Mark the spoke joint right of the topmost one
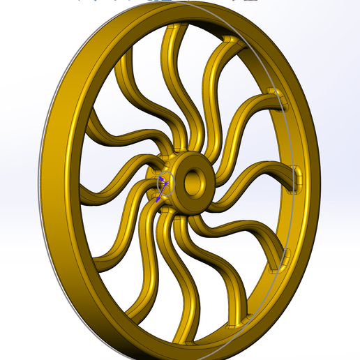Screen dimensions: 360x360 tap(231, 39)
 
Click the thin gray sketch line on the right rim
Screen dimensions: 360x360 tap(287, 209)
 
